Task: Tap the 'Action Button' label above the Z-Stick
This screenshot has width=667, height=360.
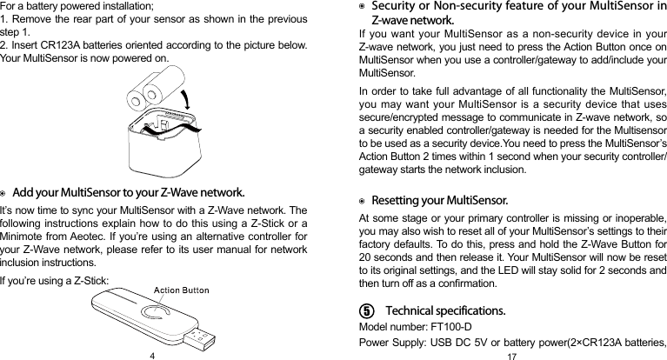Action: click(181, 290)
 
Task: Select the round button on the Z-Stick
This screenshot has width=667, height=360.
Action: click(157, 320)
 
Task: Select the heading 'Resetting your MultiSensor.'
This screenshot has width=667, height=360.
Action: click(439, 201)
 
